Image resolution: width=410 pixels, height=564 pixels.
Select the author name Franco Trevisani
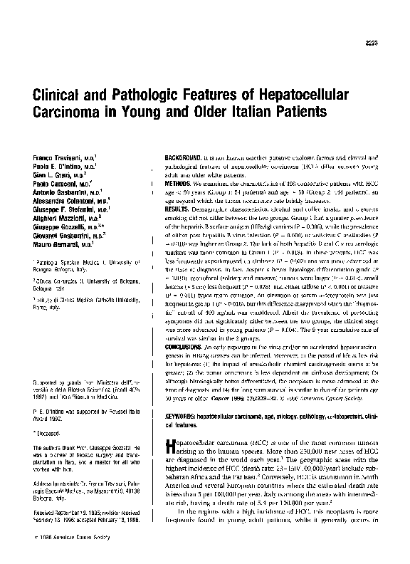coord(53,155)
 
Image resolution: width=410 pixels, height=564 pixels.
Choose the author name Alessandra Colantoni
coord(60,202)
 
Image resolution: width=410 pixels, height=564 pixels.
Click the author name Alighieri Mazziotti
coord(58,220)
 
